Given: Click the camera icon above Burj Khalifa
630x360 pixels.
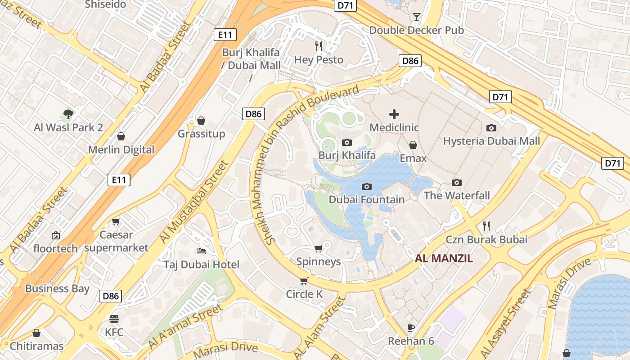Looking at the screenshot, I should tap(347, 143).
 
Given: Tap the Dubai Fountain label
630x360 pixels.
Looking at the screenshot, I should tap(367, 199).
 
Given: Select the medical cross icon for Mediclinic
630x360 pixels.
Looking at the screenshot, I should tap(394, 114).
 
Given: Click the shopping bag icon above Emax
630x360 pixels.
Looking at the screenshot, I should tap(413, 145).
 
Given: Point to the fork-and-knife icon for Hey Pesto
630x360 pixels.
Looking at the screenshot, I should tap(319, 46).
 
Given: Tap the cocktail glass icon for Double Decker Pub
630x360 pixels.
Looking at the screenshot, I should tap(416, 17).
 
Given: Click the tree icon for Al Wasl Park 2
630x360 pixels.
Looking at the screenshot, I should tap(68, 114).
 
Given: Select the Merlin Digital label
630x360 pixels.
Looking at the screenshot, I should tap(121, 150).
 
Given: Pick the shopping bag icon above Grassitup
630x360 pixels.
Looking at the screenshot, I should tap(201, 121).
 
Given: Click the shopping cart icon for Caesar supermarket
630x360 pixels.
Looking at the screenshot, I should tap(116, 221).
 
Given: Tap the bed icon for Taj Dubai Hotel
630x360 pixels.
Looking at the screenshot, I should tap(202, 251).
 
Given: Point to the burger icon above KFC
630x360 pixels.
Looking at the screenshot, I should tap(114, 319).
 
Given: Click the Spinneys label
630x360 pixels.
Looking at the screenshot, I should tap(319, 261).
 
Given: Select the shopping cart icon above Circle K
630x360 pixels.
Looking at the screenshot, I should tap(304, 281).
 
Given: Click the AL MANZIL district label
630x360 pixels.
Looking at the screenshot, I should tap(444, 258).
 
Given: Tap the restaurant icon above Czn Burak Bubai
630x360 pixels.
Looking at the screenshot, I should tap(486, 226).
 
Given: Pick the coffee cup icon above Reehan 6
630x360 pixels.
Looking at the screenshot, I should tap(410, 327).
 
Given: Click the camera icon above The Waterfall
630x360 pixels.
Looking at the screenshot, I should tap(457, 182).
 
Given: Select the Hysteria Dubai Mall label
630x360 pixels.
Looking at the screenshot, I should tap(491, 141).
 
